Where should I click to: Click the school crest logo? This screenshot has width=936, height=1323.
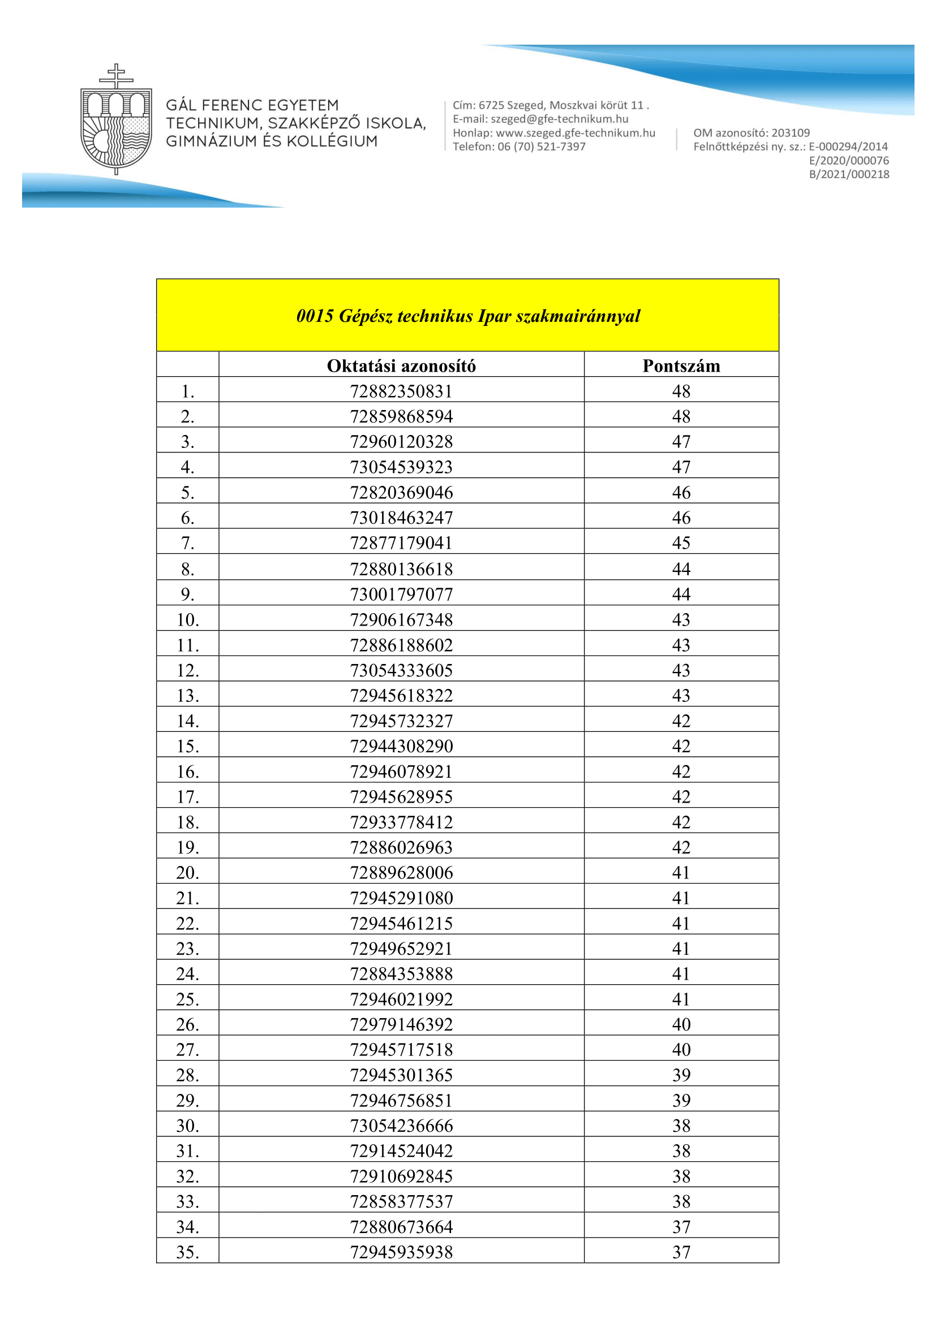click(116, 120)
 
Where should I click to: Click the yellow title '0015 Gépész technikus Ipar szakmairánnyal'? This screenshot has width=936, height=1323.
click(467, 316)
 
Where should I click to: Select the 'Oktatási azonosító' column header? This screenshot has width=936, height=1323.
click(401, 366)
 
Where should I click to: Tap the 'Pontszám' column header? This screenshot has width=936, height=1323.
click(681, 366)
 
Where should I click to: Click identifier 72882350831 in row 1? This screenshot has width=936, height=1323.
click(401, 391)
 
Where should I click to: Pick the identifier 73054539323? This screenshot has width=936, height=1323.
click(401, 467)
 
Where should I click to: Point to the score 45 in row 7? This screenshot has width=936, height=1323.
click(681, 543)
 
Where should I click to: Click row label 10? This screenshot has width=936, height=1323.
click(187, 619)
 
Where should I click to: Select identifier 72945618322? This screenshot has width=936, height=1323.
click(401, 696)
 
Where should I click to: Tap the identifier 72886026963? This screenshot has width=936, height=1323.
click(401, 847)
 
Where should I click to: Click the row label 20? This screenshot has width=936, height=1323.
click(187, 872)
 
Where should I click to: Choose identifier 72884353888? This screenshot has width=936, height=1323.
click(401, 974)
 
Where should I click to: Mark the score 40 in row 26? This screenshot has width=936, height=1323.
click(681, 1024)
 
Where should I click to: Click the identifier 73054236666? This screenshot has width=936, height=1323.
click(401, 1126)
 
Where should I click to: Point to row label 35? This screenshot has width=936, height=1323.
click(187, 1252)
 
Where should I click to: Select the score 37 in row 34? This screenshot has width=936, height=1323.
click(681, 1227)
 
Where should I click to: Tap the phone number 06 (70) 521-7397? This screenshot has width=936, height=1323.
click(541, 146)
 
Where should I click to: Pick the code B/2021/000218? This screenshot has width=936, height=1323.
click(848, 174)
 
